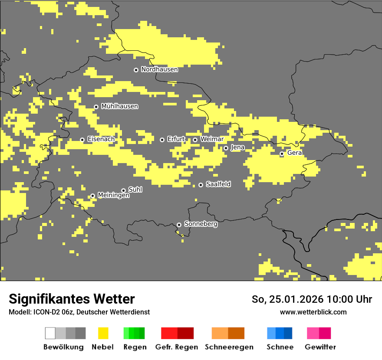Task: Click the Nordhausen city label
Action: (x=159, y=69)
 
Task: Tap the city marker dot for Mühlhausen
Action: (x=96, y=107)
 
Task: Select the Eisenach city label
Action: (x=101, y=139)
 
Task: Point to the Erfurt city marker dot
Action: (x=162, y=140)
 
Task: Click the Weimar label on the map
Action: (x=212, y=139)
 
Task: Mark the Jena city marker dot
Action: (x=226, y=148)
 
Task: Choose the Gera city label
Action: (x=294, y=153)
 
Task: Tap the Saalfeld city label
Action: (x=218, y=184)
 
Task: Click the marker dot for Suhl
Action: (x=123, y=190)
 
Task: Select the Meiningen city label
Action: (x=113, y=196)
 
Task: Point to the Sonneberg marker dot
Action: (x=179, y=225)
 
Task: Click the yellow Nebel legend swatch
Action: (x=103, y=333)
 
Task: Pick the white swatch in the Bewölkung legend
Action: (x=50, y=333)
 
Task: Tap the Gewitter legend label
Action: (x=320, y=347)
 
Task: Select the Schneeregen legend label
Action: (x=229, y=347)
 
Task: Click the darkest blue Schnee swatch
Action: (x=288, y=333)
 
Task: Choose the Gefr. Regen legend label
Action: (x=177, y=347)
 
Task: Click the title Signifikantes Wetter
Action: (x=72, y=299)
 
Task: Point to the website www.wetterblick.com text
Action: (x=313, y=312)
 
